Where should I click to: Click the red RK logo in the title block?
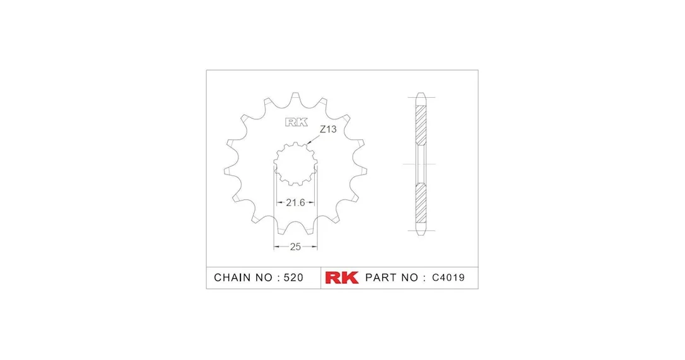[342, 277]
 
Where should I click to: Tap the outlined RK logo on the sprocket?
[296, 122]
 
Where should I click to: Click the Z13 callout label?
[328, 129]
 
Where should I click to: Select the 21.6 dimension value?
[295, 202]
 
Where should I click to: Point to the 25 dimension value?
[295, 247]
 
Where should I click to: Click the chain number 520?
[293, 277]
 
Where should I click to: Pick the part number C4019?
[448, 277]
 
